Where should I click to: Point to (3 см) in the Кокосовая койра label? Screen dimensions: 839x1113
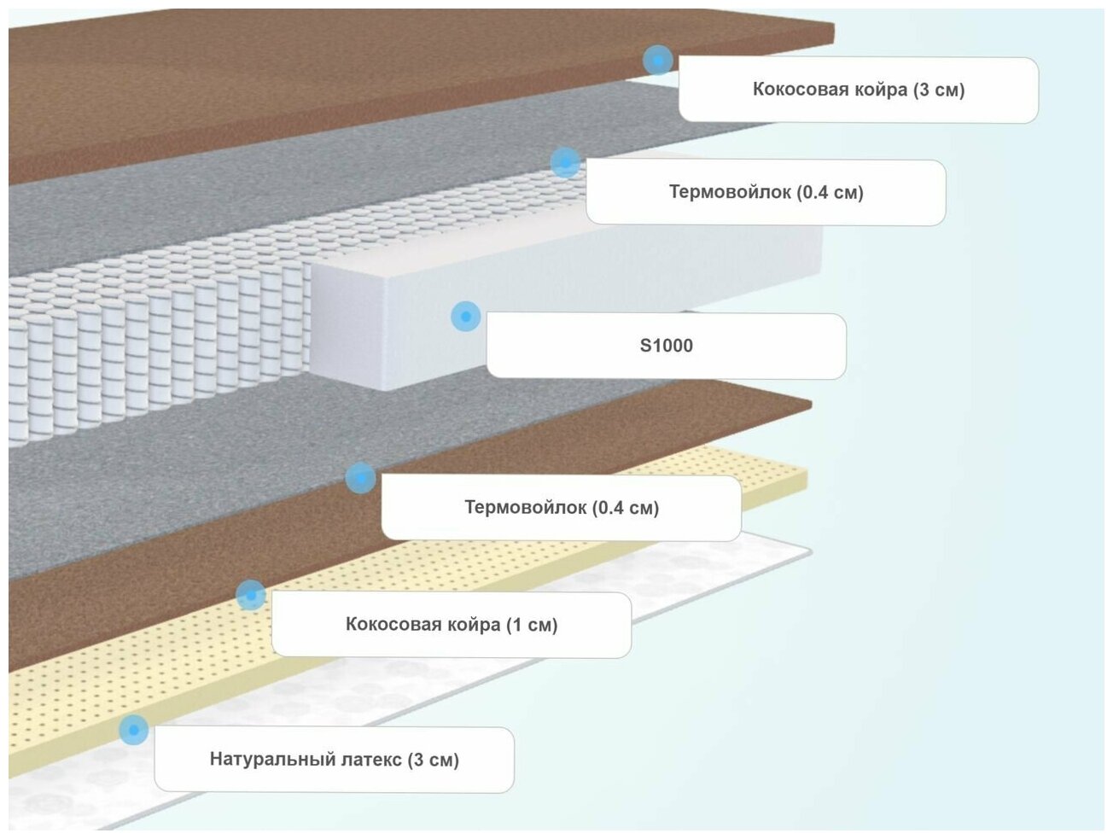click(x=939, y=90)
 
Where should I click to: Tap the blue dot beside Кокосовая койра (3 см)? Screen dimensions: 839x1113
click(x=657, y=60)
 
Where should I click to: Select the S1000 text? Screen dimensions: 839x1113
click(x=666, y=346)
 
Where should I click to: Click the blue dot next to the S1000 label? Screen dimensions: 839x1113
click(x=465, y=317)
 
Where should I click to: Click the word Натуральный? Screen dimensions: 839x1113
click(x=262, y=759)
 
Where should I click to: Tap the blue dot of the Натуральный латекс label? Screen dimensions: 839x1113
click(x=133, y=730)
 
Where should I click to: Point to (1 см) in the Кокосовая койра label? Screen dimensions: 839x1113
click(x=532, y=625)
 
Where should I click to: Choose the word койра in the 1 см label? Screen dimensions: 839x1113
click(x=470, y=625)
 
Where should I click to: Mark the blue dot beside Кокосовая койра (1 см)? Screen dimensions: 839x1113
click(x=250, y=594)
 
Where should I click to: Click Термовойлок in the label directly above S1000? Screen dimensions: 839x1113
click(x=730, y=192)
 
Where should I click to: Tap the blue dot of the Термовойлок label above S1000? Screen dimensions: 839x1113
click(x=564, y=162)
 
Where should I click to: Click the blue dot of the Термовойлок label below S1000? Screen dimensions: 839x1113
click(x=360, y=478)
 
